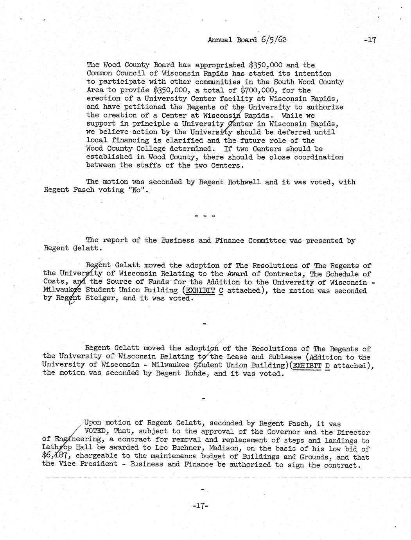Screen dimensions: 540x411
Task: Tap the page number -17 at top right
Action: point(369,40)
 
